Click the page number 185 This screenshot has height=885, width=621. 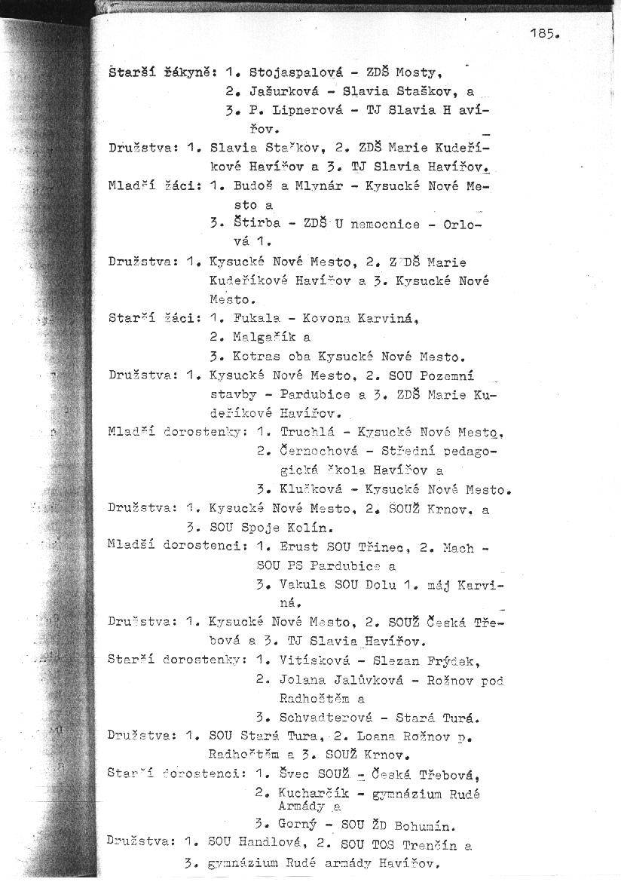coord(544,34)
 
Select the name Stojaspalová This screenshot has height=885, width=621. coord(295,72)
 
